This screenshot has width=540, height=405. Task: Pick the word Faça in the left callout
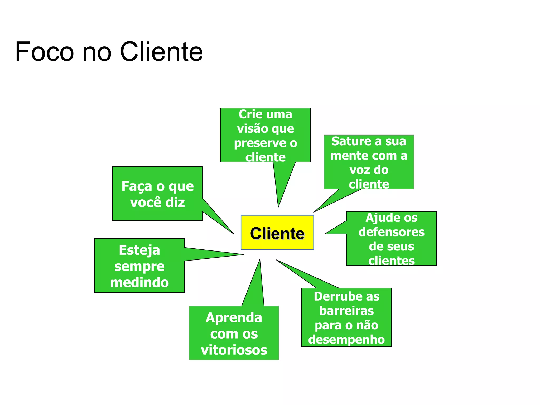coord(137,186)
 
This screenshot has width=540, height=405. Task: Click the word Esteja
coord(139,250)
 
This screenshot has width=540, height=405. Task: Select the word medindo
coord(139,282)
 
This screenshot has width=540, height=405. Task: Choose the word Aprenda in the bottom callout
coord(234,317)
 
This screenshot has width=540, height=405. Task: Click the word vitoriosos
coord(234,350)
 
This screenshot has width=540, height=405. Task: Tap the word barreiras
coord(346,311)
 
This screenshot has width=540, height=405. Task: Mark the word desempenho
coord(346,340)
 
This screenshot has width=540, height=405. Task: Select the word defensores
coord(392,232)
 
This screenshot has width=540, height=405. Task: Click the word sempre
coord(139,266)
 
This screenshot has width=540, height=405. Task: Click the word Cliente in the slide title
coord(161,52)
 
